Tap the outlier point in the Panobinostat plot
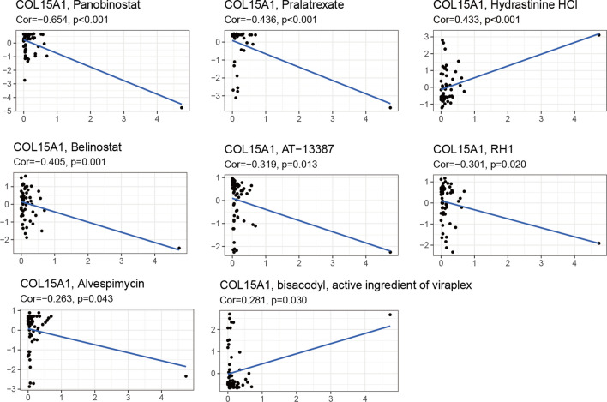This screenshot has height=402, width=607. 182,107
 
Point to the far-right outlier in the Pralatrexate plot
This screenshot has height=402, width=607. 389,108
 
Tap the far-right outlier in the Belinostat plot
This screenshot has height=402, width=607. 179,249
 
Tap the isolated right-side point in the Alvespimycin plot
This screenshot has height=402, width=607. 185,376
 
